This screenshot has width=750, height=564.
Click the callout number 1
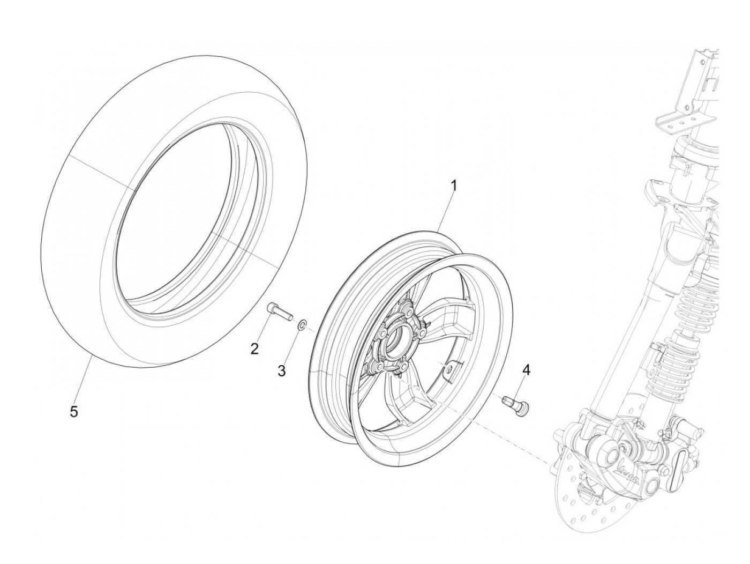point(454,186)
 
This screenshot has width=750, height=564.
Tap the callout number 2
point(255,349)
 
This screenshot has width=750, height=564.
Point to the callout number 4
point(526,369)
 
